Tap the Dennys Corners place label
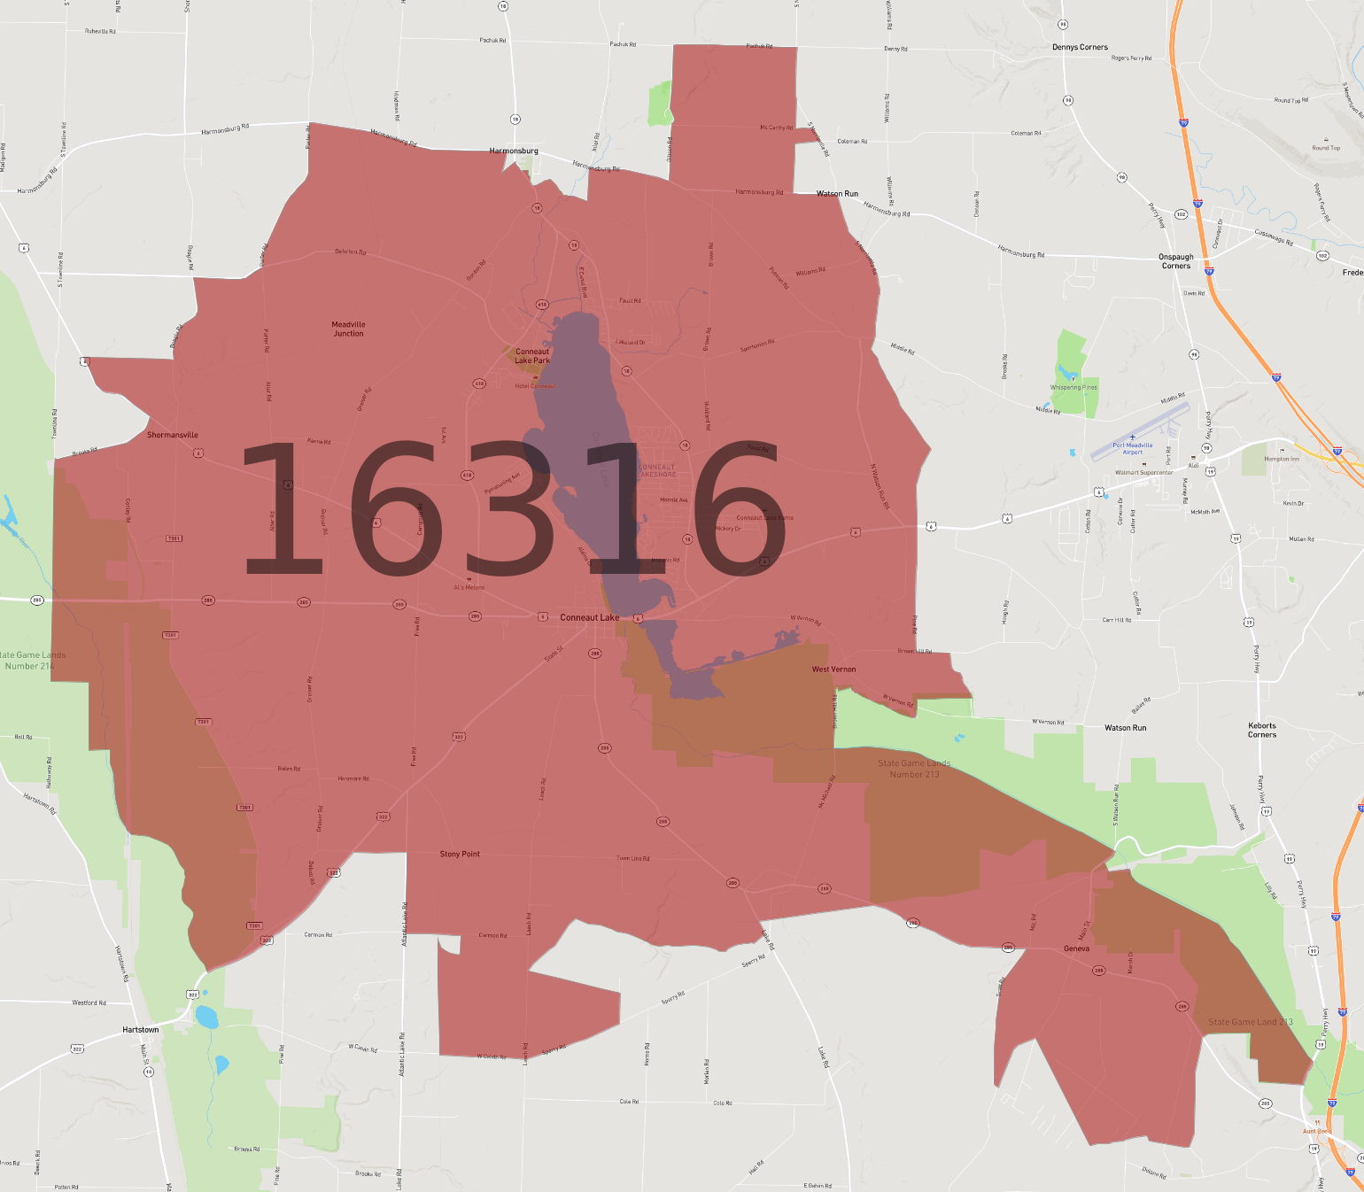(1080, 48)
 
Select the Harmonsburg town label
(514, 151)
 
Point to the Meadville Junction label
(349, 329)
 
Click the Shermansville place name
(173, 435)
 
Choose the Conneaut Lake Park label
(532, 356)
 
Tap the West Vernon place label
(833, 670)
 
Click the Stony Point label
(460, 855)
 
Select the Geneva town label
(1076, 948)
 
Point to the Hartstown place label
(141, 1030)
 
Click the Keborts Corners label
(1262, 730)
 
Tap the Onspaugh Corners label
(1176, 261)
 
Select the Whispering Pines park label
(1073, 387)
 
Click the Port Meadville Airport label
(1133, 448)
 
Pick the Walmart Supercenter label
(1143, 473)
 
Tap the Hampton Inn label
(1282, 459)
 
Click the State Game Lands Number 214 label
(34, 661)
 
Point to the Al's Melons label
(469, 587)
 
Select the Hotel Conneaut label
(536, 386)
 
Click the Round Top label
(1326, 148)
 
